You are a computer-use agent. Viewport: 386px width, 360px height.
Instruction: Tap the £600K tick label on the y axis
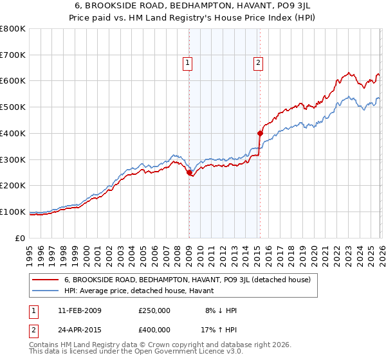point(13,81)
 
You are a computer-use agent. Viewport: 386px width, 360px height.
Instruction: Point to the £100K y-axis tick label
point(13,212)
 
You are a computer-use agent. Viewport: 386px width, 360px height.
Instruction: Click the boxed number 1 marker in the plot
point(187,62)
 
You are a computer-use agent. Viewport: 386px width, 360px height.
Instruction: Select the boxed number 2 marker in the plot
point(258,62)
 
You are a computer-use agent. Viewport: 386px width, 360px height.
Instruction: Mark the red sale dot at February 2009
point(189,172)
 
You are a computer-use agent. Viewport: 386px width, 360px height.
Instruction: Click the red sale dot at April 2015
point(260,134)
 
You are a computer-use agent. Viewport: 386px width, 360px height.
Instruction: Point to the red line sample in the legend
point(46,280)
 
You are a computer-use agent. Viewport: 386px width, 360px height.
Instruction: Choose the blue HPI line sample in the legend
point(46,291)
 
